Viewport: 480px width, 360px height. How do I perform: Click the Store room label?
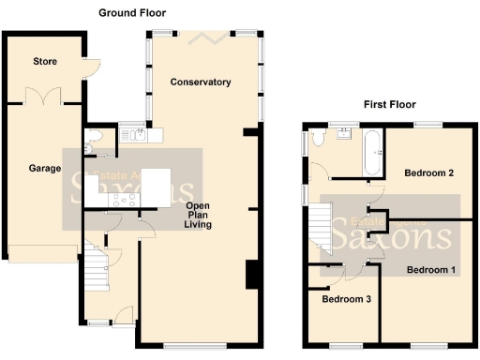[45, 62]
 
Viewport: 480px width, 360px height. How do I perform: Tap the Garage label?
[44, 169]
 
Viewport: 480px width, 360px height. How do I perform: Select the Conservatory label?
[201, 82]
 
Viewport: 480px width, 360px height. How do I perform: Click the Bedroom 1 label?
[430, 270]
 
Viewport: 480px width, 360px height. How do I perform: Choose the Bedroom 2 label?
[429, 173]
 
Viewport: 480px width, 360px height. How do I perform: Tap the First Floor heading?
[389, 104]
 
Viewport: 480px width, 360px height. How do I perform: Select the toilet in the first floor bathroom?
[319, 139]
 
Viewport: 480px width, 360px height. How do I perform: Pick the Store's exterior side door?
[87, 66]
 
